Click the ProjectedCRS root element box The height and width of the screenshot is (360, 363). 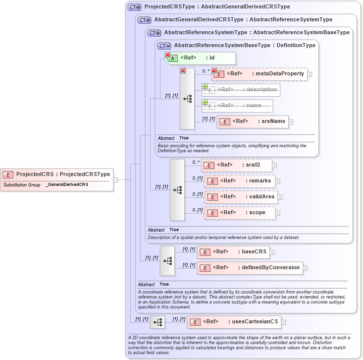(x=57, y=175)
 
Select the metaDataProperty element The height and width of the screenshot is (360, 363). (x=259, y=74)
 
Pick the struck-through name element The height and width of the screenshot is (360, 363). (x=237, y=106)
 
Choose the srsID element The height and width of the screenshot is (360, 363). (x=237, y=165)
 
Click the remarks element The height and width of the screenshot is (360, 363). (x=240, y=181)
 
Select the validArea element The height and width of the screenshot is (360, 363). (x=241, y=197)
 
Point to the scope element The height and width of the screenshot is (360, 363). (x=240, y=213)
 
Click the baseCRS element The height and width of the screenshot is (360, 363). (x=233, y=252)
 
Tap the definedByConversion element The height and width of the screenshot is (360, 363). (x=250, y=268)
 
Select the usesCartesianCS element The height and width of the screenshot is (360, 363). (x=234, y=322)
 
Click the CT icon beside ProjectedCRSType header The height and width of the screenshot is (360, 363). (x=135, y=7)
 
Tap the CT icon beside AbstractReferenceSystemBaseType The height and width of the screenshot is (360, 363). (x=164, y=46)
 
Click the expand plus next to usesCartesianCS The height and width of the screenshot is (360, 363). (x=283, y=322)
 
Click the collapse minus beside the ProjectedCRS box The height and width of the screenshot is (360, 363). (x=115, y=180)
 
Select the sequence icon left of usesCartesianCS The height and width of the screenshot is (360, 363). (x=157, y=322)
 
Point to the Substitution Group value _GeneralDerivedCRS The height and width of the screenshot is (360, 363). (x=67, y=185)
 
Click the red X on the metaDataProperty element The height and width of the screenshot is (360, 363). (x=214, y=70)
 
